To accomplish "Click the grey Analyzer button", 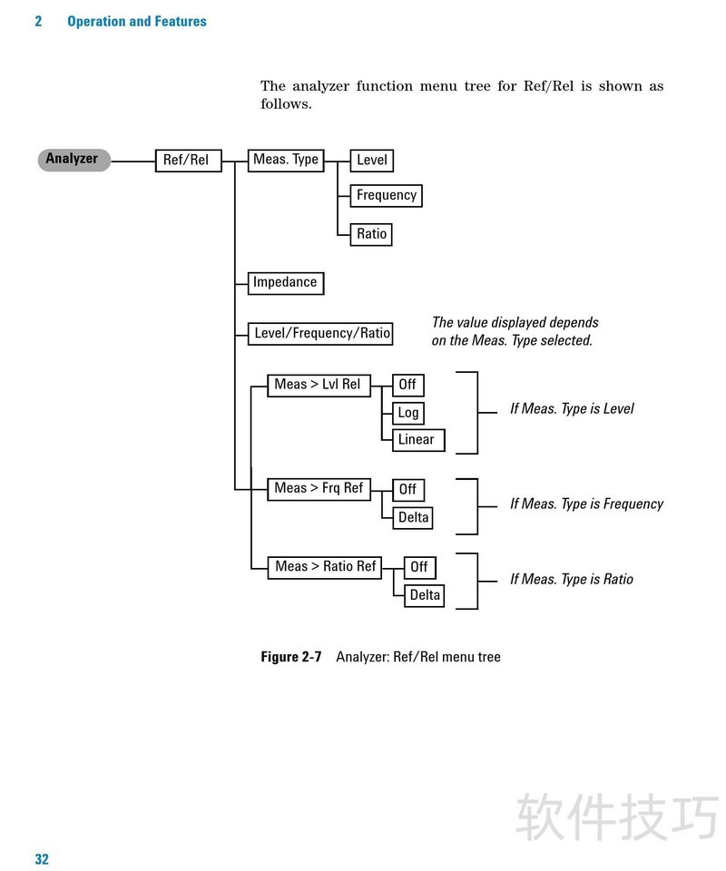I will tap(74, 160).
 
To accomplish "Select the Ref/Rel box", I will tap(188, 161).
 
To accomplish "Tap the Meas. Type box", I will tap(285, 160).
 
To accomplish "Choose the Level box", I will tap(372, 161).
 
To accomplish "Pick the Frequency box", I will tap(386, 195).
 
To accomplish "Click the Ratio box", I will tap(372, 234).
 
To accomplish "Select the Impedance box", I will tap(286, 282).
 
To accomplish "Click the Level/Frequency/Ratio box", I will tap(321, 333).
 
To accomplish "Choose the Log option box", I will tap(408, 413).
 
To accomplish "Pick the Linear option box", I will tap(417, 440).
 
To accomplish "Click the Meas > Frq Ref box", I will tap(319, 488).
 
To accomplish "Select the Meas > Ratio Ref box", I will tap(325, 567).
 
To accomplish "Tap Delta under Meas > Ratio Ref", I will tap(425, 596).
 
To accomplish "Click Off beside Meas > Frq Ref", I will tap(407, 490).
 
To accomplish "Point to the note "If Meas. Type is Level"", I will tap(572, 409).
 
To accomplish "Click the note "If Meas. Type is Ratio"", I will tap(572, 580).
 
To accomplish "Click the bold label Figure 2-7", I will tap(291, 657).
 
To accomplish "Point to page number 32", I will tap(42, 859).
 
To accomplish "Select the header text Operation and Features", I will tap(137, 21).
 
